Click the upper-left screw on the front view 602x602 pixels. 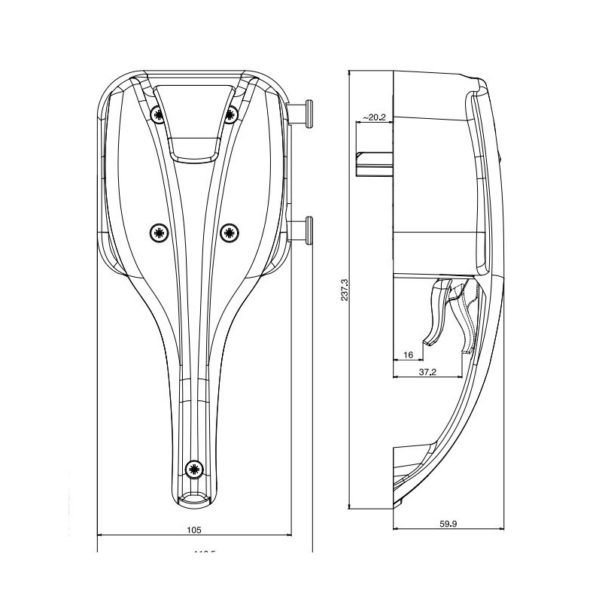point(157,114)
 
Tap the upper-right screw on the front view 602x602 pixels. point(230,114)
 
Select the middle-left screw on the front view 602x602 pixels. point(157,233)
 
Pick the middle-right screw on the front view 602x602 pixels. point(230,233)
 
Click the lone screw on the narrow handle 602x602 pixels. point(194,469)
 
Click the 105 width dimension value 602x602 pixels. point(193,530)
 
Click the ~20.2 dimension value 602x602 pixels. point(374,117)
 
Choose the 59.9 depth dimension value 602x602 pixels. point(447,524)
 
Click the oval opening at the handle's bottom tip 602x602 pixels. point(194,499)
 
